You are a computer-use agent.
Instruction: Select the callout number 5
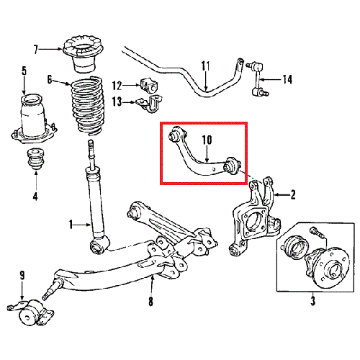(x=24, y=71)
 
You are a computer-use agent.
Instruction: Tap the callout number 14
(x=288, y=79)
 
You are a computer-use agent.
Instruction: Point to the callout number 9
(x=22, y=274)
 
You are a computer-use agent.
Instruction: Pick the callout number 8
(x=150, y=302)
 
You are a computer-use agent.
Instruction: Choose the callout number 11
(x=205, y=66)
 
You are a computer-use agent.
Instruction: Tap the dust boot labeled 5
(x=32, y=119)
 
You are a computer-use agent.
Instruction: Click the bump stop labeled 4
(x=35, y=160)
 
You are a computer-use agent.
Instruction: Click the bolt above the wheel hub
(x=316, y=232)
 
